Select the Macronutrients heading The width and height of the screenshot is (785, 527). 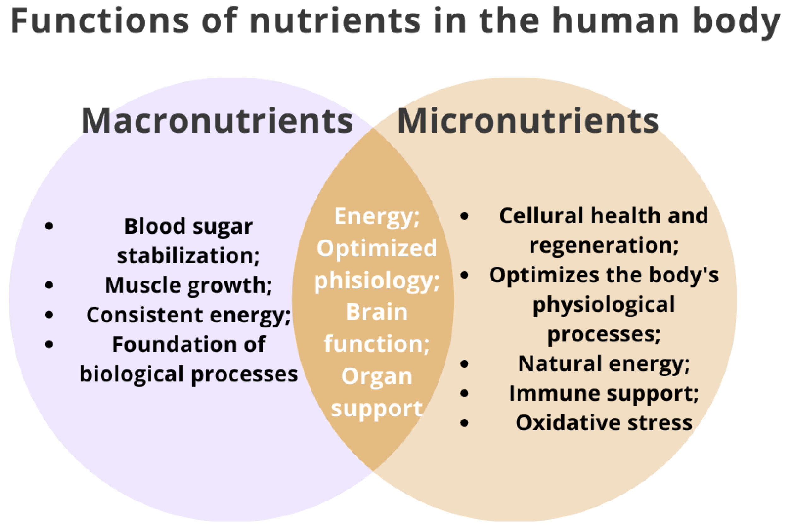click(x=217, y=121)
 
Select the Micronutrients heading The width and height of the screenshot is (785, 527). click(x=528, y=121)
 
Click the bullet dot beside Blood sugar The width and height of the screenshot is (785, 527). click(x=49, y=226)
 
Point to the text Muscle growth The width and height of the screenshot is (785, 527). click(x=188, y=286)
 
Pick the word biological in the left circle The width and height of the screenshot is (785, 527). click(x=131, y=374)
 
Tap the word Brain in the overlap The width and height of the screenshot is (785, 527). click(x=376, y=312)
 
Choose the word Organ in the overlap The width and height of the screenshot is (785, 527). click(x=376, y=376)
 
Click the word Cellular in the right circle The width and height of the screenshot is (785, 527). click(x=542, y=216)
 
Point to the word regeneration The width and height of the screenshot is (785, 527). click(x=604, y=245)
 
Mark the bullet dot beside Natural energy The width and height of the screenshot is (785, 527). click(x=464, y=364)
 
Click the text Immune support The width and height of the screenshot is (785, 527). click(x=604, y=393)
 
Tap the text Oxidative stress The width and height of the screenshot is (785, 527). click(x=604, y=423)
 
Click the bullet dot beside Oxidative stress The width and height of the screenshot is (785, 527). click(x=464, y=423)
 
